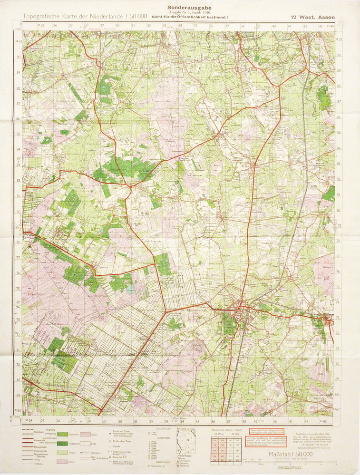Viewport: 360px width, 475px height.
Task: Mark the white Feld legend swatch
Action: (85, 443)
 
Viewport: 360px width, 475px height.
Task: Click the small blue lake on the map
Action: (130, 288)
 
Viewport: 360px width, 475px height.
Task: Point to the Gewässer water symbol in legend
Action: (85, 452)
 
